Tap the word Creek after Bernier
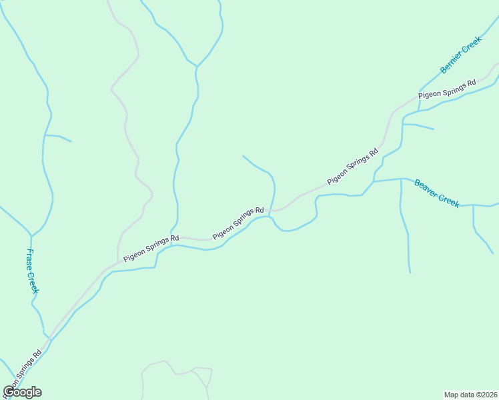pyautogui.click(x=470, y=47)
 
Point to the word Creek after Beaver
pyautogui.click(x=449, y=199)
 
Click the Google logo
pyautogui.click(x=22, y=392)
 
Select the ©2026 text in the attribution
pyautogui.click(x=486, y=394)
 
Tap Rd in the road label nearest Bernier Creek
pyautogui.click(x=471, y=83)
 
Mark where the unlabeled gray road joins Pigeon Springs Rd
pyautogui.click(x=119, y=262)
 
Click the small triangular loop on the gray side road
pyautogui.click(x=200, y=377)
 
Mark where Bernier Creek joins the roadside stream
pyautogui.click(x=419, y=92)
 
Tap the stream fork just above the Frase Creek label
pyautogui.click(x=31, y=235)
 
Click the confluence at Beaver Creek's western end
pyautogui.click(x=373, y=181)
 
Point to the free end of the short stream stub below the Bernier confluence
pyautogui.click(x=434, y=129)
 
